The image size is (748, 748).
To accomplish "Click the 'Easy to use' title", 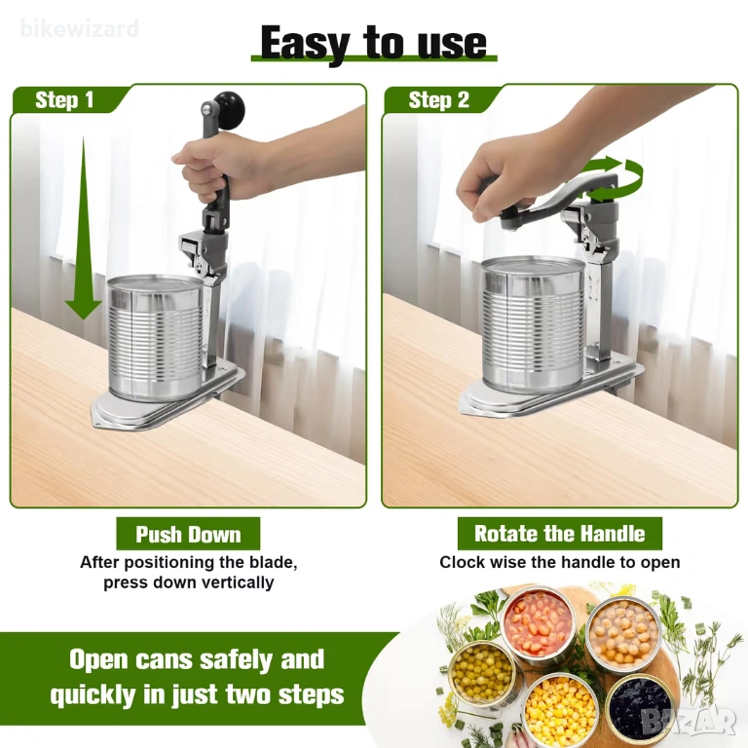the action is [x=374, y=44].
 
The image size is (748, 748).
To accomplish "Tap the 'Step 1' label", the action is [x=64, y=100].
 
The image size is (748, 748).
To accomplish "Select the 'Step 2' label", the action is [x=439, y=100].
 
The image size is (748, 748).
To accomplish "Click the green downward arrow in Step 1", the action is [x=84, y=228].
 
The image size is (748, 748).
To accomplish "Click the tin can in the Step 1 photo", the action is [x=156, y=337].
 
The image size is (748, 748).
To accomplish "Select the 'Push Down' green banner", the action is [x=188, y=534].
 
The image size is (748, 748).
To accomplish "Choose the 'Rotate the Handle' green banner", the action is [x=560, y=534].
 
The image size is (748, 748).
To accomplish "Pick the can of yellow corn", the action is [x=560, y=708].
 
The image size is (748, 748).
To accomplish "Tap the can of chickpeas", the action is [x=623, y=633].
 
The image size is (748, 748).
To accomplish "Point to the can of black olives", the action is [x=640, y=707].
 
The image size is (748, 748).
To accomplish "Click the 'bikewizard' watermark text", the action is [x=80, y=28].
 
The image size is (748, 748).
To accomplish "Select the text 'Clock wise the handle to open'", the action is [x=560, y=562].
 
